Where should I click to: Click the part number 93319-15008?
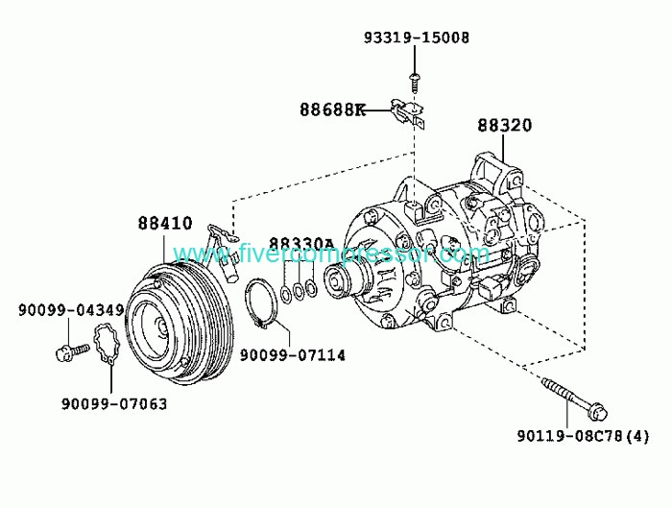[417, 37]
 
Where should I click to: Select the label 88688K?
[332, 109]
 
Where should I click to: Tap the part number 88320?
[504, 125]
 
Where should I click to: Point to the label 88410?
[165, 224]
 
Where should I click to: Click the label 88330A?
[301, 244]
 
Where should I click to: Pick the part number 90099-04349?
[71, 310]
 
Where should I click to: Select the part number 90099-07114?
[292, 355]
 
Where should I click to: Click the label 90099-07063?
[114, 404]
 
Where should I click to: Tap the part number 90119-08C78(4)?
[583, 436]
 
